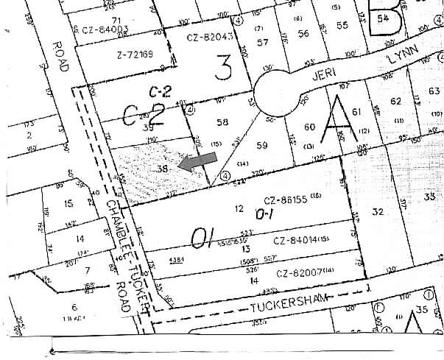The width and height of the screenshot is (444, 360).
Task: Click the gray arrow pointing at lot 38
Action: (200, 163)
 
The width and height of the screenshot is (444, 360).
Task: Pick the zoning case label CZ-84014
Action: (297, 241)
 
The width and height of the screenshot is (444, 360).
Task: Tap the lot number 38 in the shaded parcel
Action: (164, 169)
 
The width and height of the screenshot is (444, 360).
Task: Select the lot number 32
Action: (378, 213)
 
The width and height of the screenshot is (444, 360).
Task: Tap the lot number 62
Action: (396, 100)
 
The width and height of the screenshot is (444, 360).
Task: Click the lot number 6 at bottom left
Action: (74, 307)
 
